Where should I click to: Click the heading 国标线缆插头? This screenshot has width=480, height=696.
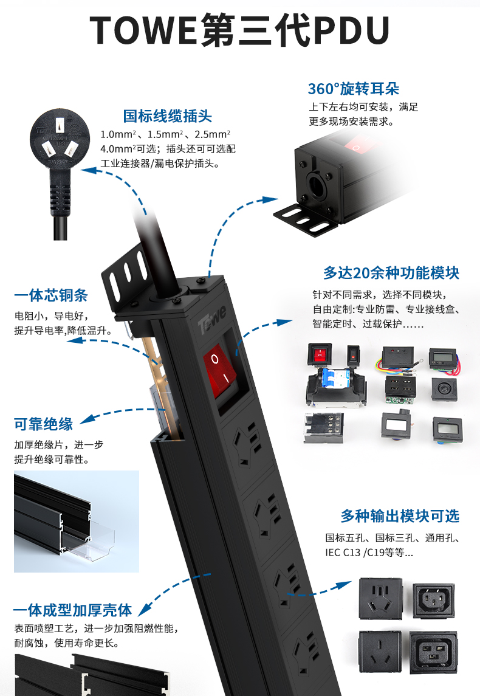coord(168,116)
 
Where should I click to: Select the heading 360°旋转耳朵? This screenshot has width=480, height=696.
coord(354,89)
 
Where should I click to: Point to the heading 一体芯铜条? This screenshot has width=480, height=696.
coord(51,295)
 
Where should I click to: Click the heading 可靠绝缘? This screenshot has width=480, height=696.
coord(44,424)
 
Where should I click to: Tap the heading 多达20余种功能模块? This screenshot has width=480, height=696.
coord(391,272)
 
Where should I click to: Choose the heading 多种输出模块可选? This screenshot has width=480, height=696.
coord(400,516)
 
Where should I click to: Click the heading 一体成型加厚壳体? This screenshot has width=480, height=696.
coord(73,610)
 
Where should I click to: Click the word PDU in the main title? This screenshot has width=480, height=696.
coord(351,30)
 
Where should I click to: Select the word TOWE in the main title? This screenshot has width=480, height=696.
coord(143,30)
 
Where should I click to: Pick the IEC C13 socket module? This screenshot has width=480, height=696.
coord(433,601)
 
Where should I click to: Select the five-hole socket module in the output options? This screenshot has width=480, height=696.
coord(380,598)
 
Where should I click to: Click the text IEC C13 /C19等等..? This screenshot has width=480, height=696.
coord(369,553)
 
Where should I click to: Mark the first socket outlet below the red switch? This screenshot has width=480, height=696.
coord(248,443)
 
